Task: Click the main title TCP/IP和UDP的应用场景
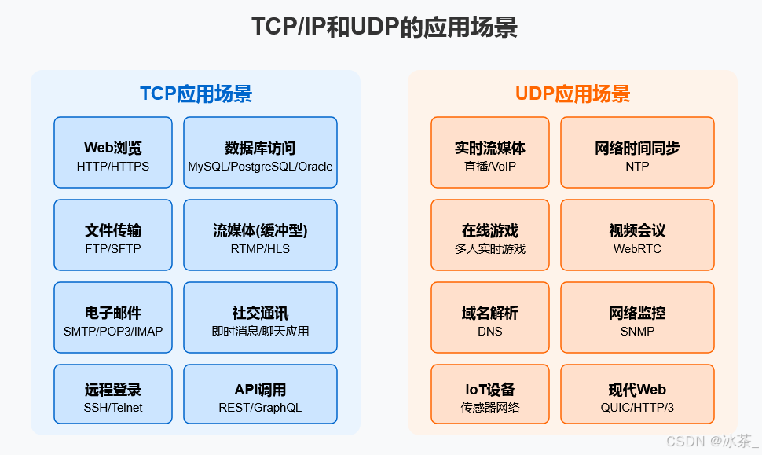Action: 384,28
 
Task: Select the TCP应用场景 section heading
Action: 196,94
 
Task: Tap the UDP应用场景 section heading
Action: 573,94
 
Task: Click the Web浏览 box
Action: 113,152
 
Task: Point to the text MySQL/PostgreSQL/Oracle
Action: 260,167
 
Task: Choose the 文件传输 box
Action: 113,235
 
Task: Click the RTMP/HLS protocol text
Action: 260,249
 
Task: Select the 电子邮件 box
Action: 113,317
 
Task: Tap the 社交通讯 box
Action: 260,317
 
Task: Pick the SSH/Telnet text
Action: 113,408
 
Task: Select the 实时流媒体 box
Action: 490,152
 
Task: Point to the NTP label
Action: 637,167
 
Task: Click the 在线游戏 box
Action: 490,235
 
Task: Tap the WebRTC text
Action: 637,249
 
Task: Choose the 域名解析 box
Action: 490,317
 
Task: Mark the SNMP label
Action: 637,332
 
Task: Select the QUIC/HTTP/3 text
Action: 637,408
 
